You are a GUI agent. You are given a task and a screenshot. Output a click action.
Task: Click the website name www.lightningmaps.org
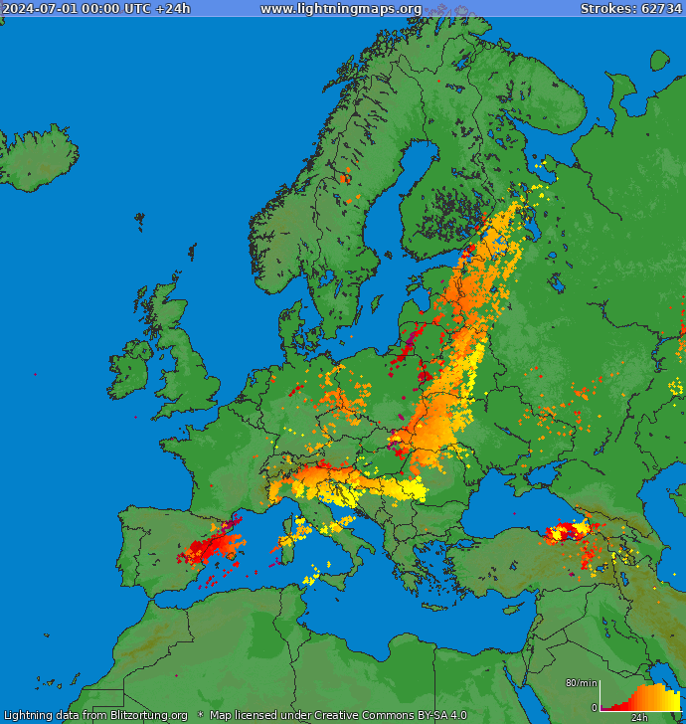(340, 9)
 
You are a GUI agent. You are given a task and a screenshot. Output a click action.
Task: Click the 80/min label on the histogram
(581, 683)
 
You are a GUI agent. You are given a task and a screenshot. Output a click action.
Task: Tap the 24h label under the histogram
(639, 717)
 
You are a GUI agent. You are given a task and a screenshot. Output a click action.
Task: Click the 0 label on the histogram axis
(594, 708)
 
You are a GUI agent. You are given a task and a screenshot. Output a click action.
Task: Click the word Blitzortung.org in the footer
(148, 715)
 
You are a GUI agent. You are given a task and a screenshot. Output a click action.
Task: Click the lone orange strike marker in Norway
(344, 179)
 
